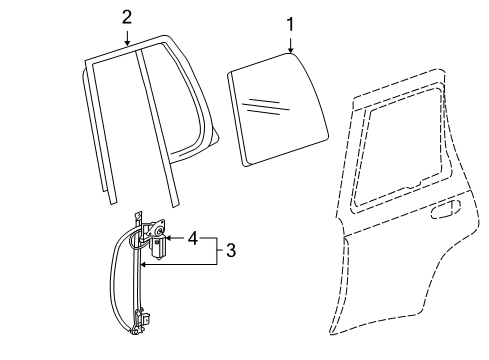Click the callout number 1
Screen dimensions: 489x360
(x=290, y=22)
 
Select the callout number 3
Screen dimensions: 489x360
(x=230, y=251)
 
